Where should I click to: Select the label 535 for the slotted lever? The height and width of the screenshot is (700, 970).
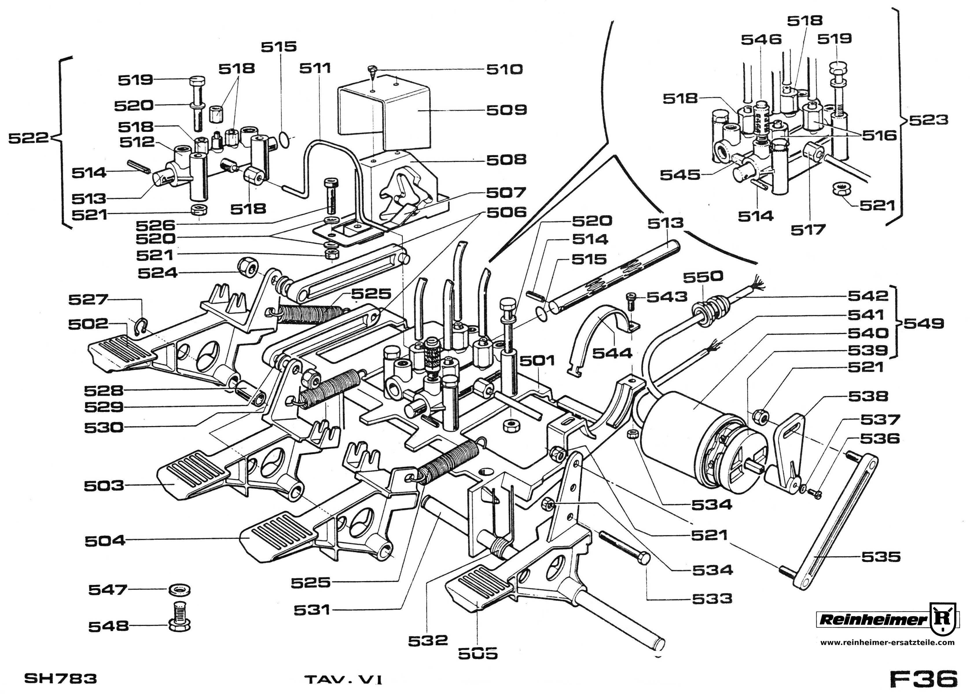[x=881, y=557]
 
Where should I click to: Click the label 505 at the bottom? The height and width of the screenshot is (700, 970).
[x=478, y=653]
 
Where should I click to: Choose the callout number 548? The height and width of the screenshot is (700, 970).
[x=108, y=627]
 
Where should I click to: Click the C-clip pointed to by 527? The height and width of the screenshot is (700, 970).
[x=141, y=327]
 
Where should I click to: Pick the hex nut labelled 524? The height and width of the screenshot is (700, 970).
[x=247, y=268]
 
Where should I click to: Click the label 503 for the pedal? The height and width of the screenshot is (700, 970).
[x=104, y=486]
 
